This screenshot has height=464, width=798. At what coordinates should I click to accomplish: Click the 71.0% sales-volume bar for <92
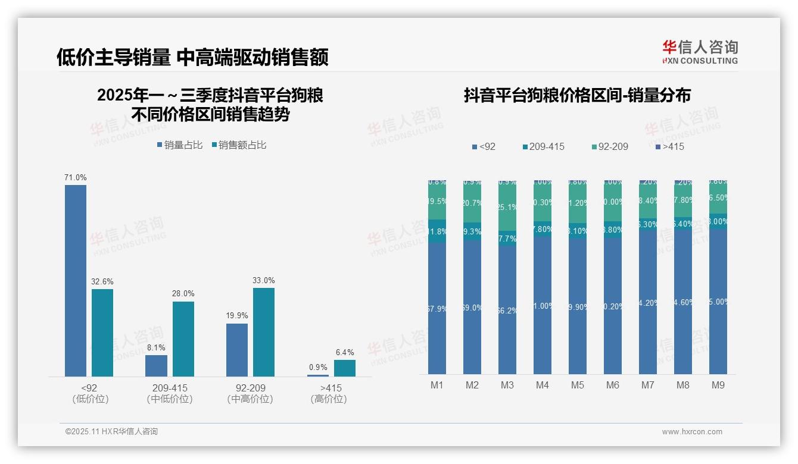[x=76, y=280]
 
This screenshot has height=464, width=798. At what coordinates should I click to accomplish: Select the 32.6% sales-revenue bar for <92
[x=102, y=333]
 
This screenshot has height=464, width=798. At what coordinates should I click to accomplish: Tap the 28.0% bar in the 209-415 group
[x=183, y=338]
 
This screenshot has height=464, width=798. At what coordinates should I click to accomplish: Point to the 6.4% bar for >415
[x=345, y=368]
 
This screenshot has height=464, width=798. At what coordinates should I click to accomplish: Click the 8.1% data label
[x=156, y=347]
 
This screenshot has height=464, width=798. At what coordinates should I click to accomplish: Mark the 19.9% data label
[x=237, y=315]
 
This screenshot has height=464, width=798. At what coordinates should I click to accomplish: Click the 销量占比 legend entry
[x=180, y=145]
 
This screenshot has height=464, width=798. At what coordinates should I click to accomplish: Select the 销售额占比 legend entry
[x=239, y=145]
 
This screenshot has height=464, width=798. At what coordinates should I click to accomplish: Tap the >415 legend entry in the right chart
[x=669, y=146]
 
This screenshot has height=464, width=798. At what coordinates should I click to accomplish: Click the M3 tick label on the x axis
[x=507, y=385]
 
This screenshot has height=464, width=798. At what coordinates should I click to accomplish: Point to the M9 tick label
[x=718, y=385]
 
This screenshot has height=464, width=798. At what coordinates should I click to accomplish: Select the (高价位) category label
[x=329, y=399]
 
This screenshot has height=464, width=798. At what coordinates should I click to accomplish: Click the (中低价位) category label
[x=170, y=399]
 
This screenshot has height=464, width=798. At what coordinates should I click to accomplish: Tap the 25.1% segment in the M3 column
[x=507, y=207]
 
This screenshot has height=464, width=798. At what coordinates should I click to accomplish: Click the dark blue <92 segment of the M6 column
[x=613, y=306]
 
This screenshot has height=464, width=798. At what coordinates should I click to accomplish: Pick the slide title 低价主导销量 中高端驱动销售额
[x=192, y=58]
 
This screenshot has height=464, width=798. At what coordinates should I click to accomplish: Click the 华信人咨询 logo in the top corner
[x=700, y=52]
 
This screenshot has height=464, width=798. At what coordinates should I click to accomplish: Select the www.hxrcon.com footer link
[x=692, y=432]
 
